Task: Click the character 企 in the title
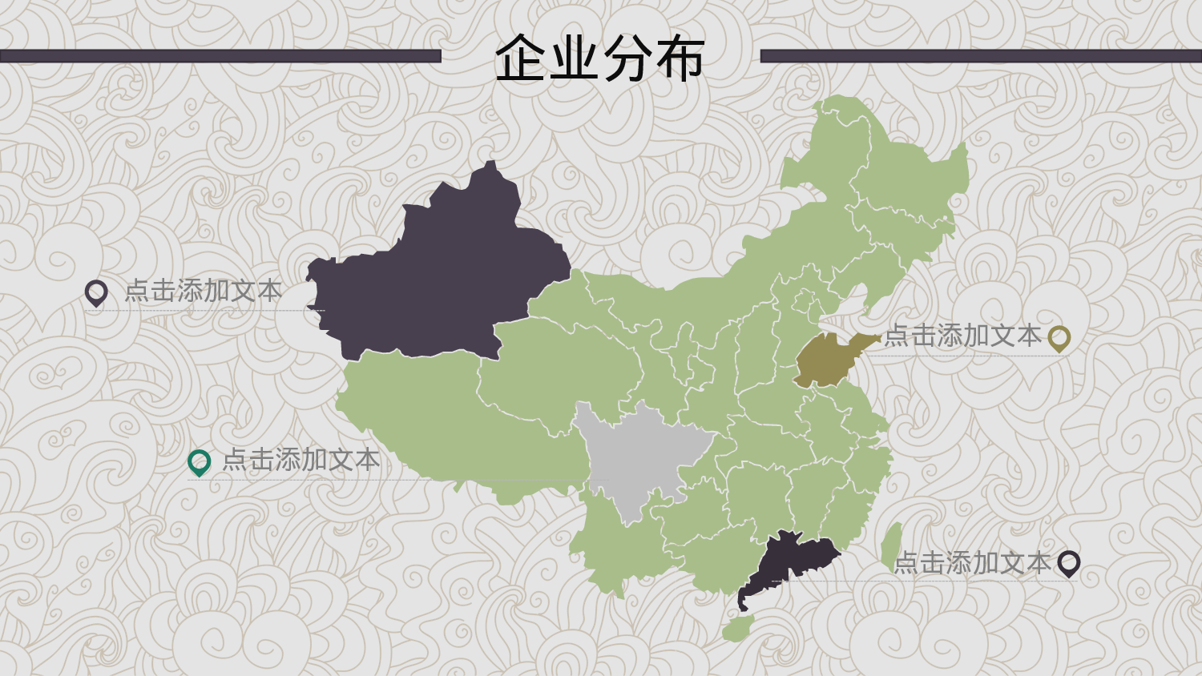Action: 521,58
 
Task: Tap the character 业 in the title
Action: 574,58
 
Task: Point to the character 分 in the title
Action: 627,58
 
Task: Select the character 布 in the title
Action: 679,58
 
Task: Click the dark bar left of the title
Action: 220,56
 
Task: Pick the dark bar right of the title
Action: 981,56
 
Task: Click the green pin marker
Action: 199,461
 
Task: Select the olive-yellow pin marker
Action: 1059,338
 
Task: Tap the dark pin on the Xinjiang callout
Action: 96,292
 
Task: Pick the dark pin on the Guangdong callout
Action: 1068,563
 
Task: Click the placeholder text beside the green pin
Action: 300,460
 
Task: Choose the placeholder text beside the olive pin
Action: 962,336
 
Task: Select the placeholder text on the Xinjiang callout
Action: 203,291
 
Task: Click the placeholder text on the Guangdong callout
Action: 971,563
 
